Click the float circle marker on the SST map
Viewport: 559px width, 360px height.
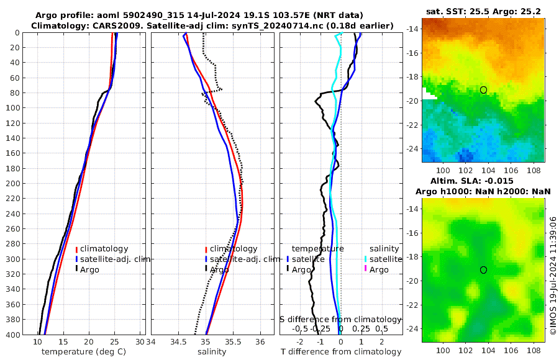pyautogui.click(x=483, y=90)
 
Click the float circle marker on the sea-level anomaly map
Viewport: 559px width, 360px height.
pyautogui.click(x=483, y=269)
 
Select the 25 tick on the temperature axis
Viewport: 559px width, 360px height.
pyautogui.click(x=114, y=342)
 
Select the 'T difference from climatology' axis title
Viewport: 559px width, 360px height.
pyautogui.click(x=342, y=352)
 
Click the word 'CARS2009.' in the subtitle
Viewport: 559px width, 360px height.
pyautogui.click(x=108, y=25)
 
